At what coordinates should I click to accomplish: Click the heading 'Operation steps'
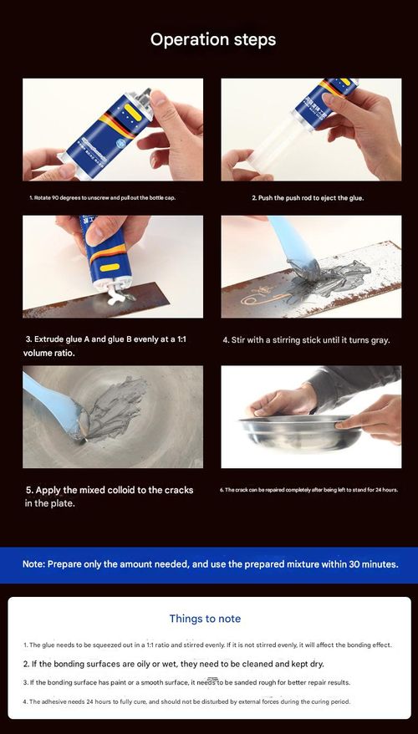[x=212, y=39]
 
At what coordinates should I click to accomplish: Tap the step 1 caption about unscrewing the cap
[x=102, y=198]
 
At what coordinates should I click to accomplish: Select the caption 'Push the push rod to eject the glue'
[x=308, y=198]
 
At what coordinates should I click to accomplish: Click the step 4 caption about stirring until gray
[x=306, y=340]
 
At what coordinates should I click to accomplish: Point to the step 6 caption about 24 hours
[x=308, y=489]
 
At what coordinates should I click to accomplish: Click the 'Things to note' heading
[x=205, y=619]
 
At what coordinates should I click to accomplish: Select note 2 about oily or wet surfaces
[x=174, y=664]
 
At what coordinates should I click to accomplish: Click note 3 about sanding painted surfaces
[x=192, y=683]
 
